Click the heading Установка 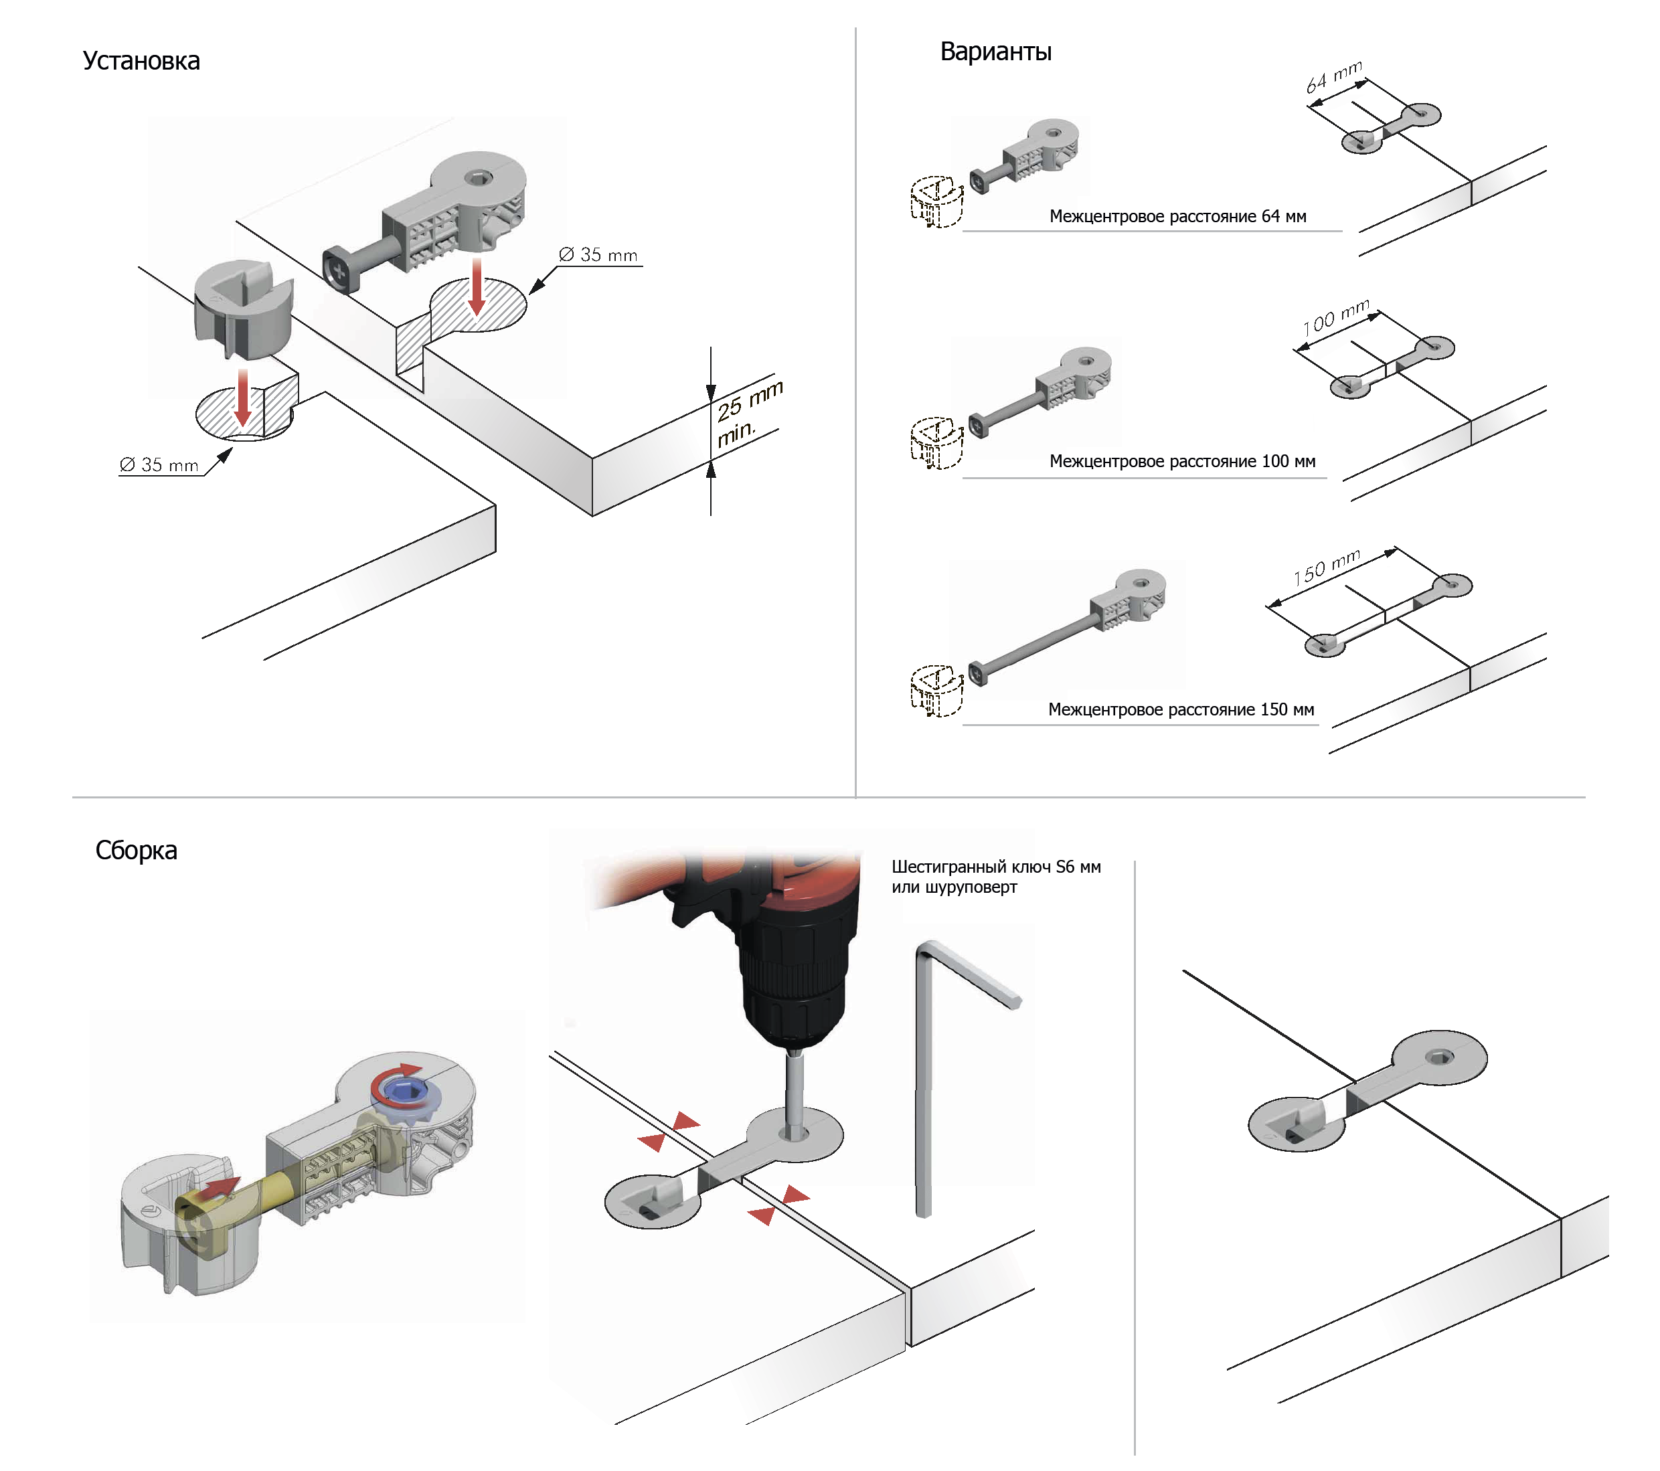[141, 61]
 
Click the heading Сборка [137, 850]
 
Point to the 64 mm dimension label [1333, 76]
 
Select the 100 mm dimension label [1336, 317]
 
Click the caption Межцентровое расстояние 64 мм [1177, 217]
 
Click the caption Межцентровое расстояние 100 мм [1183, 462]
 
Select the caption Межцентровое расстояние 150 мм [1181, 709]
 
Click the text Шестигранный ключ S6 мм [997, 867]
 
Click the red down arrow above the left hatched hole [242, 398]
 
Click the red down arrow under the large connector [477, 286]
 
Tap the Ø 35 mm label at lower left [159, 465]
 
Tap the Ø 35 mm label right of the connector [598, 255]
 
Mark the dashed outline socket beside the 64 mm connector [936, 201]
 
